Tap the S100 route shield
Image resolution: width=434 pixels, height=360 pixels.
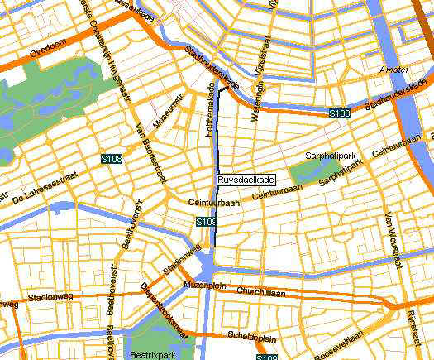point(338,113)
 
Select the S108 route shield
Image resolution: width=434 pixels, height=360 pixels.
point(112,158)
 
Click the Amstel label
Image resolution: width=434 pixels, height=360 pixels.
point(394,72)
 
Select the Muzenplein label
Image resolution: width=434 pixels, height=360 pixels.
point(203,285)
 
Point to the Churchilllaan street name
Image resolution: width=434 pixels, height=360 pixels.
point(260,292)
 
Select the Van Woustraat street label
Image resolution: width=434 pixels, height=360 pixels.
point(391,240)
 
